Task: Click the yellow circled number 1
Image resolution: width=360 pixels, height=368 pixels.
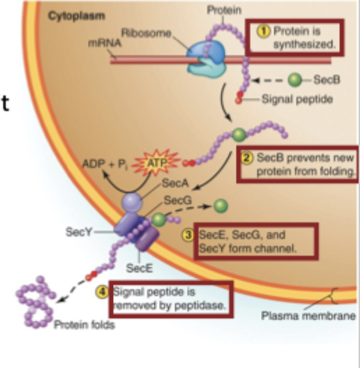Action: [x=264, y=31]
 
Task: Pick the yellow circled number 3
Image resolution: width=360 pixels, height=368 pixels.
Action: [x=186, y=235]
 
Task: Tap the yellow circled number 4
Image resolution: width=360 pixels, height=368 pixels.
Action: [x=100, y=291]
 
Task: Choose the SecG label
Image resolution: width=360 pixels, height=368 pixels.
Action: [x=174, y=200]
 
